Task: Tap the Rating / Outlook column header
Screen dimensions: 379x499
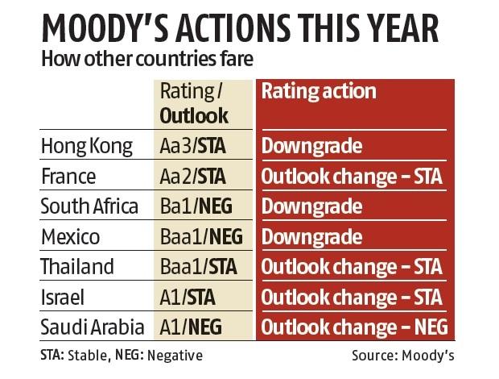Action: pyautogui.click(x=193, y=102)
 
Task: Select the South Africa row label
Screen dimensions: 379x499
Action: pyautogui.click(x=89, y=206)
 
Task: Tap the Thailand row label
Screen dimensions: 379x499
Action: pyautogui.click(x=77, y=267)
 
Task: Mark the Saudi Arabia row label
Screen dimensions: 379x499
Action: pyautogui.click(x=92, y=327)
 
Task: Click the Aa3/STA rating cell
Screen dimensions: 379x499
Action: pyautogui.click(x=193, y=147)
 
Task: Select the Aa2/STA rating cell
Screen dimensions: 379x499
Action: pyautogui.click(x=193, y=177)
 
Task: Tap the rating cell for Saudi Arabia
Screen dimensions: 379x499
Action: pyautogui.click(x=190, y=327)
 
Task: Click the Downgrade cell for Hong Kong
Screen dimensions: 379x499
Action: pyautogui.click(x=311, y=147)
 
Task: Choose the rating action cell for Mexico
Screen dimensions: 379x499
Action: pyautogui.click(x=311, y=237)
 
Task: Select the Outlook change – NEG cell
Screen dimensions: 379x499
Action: pyautogui.click(x=353, y=327)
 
